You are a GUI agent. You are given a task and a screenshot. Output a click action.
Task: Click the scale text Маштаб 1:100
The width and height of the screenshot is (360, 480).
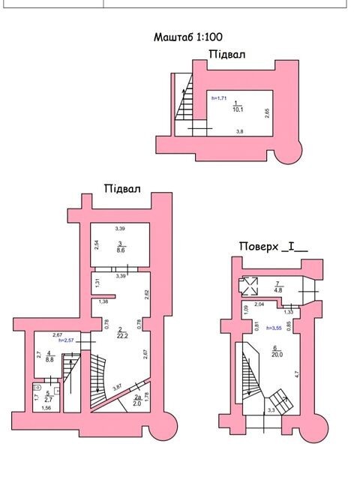[187, 37]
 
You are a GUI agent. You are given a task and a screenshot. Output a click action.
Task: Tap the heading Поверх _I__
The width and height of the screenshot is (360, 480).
[273, 247]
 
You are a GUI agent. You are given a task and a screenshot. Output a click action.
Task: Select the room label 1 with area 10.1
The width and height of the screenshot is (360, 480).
[238, 106]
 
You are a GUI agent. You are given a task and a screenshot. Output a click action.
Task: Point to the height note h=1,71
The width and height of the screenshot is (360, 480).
[219, 98]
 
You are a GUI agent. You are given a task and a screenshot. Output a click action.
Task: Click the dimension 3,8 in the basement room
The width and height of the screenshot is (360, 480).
[240, 132]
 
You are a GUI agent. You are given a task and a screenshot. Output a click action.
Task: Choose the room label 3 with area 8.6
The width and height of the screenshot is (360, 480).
[121, 247]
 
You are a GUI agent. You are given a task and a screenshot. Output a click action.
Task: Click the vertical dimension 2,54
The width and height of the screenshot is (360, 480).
[97, 245]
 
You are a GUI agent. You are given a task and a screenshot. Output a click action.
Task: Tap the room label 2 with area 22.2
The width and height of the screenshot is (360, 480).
[121, 333]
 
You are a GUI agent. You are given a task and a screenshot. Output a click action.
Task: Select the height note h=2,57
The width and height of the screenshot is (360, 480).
[66, 340]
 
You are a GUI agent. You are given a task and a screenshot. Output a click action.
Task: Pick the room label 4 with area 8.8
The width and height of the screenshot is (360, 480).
[49, 357]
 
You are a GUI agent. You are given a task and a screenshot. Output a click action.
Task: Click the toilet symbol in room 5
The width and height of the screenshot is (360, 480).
[38, 388]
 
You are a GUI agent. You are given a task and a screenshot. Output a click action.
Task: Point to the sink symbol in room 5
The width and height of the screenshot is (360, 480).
[57, 390]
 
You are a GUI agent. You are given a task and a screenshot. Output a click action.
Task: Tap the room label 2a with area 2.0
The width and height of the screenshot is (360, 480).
[137, 400]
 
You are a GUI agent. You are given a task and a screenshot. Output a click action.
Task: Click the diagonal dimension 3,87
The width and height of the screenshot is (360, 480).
[118, 388]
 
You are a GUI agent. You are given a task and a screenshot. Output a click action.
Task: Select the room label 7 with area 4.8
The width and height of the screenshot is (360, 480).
[277, 287]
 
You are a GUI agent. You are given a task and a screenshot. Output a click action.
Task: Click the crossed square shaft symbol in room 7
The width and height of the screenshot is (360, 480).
[250, 286]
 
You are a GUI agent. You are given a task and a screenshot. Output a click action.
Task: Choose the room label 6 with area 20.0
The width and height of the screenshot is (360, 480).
[277, 352]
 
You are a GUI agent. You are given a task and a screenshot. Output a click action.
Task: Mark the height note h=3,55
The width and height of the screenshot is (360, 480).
[274, 328]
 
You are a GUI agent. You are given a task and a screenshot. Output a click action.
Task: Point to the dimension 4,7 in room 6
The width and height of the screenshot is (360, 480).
[297, 373]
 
